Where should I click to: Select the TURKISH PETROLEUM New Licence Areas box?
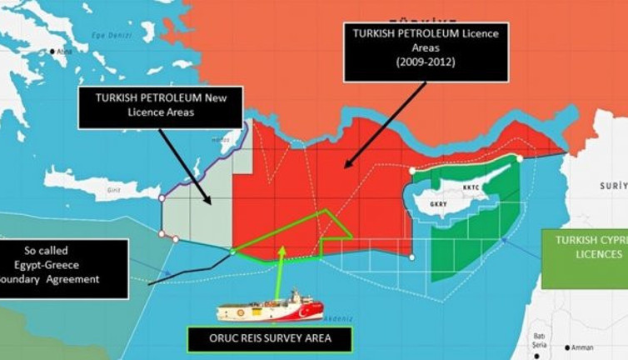161,107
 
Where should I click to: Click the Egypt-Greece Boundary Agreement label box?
62,268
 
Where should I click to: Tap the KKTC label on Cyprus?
471,188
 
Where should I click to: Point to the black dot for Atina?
52,52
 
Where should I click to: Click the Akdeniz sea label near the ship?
341,319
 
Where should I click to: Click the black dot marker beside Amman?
568,347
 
